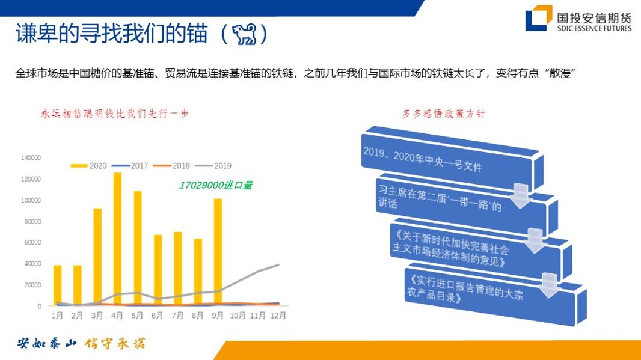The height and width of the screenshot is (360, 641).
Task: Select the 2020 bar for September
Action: click(218, 252)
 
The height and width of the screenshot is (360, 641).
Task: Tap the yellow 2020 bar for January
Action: click(58, 285)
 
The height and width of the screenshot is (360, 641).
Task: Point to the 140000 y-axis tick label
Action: click(31, 157)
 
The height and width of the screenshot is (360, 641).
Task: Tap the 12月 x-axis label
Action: click(278, 315)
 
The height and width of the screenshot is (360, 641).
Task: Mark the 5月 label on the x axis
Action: click(138, 315)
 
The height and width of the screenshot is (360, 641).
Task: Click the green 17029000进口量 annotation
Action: click(215, 186)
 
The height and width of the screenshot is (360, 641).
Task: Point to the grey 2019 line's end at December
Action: click(278, 264)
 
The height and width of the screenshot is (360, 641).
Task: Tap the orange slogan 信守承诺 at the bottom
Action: click(115, 344)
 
